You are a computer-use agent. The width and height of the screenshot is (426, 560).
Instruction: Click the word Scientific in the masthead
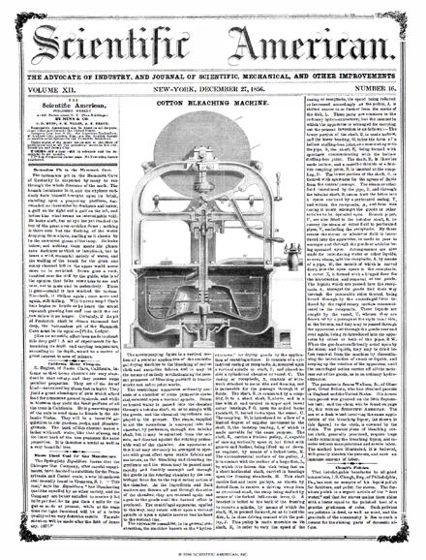106,36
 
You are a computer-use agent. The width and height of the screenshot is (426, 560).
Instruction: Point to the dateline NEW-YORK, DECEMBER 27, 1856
212,82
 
